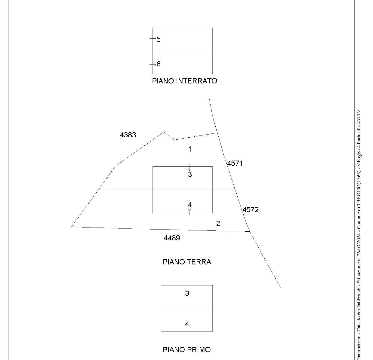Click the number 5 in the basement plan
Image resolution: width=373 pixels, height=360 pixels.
coord(158,39)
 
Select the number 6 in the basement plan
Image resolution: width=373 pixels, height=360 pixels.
coord(158,64)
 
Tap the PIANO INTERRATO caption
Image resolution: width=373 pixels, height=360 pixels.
coord(184,81)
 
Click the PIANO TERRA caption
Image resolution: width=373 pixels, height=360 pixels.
coord(187,262)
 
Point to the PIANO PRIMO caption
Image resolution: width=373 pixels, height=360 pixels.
coord(187,350)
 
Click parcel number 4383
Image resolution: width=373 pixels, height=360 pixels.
coord(128,135)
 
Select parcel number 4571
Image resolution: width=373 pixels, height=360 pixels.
coord(235,163)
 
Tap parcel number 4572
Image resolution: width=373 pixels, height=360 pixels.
coord(250,210)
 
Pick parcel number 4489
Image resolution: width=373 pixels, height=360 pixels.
coord(172,238)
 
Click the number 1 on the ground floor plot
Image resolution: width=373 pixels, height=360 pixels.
coord(190,149)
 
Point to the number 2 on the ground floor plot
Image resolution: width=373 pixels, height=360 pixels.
coord(218,224)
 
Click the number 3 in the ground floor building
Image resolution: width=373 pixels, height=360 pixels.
coord(190,174)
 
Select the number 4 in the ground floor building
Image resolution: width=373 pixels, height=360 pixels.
coord(190,205)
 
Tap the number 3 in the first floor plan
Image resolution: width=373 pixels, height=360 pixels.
coord(187,293)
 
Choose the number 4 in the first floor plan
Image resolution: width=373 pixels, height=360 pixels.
coord(187,324)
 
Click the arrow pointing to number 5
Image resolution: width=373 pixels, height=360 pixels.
coord(153,39)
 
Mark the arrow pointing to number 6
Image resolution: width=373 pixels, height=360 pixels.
coord(153,64)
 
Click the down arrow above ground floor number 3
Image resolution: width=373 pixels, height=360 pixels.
coord(190,168)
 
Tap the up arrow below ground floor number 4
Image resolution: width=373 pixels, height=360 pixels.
coord(190,212)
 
